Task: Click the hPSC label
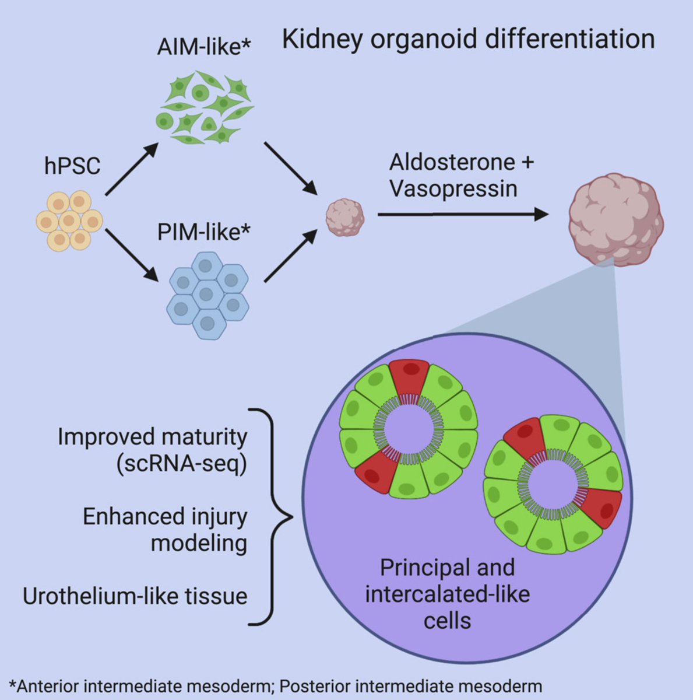[72, 166]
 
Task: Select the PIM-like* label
[203, 232]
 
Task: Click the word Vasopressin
[453, 188]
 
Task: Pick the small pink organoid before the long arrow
[344, 217]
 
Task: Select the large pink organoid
[615, 219]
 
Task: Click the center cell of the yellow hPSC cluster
[69, 221]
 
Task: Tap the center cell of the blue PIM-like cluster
[206, 293]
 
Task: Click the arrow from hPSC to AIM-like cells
[132, 170]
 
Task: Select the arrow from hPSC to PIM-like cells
[132, 256]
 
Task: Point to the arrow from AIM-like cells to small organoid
[290, 168]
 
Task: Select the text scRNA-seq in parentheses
[181, 464]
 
